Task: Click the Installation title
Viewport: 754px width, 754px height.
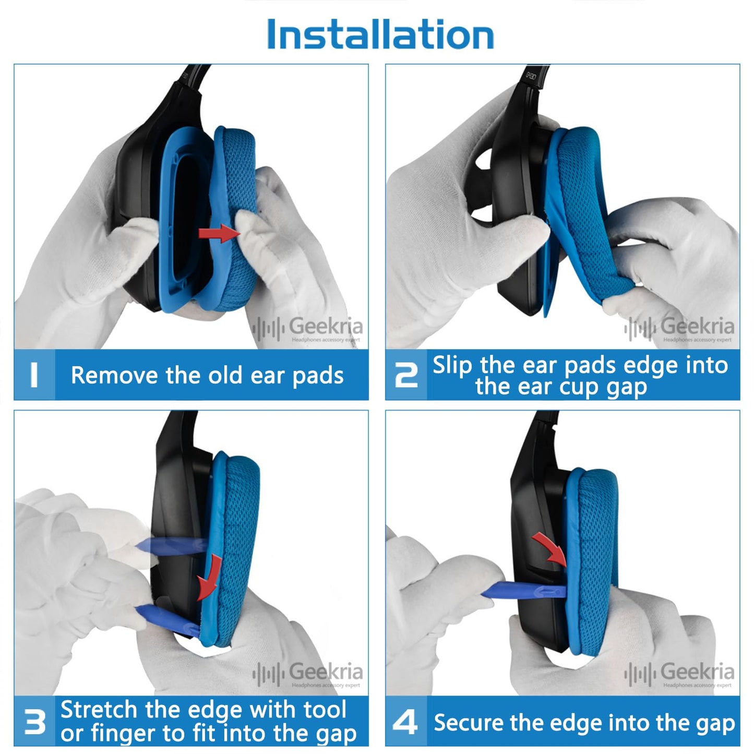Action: [x=380, y=34]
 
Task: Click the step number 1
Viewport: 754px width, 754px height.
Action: [x=34, y=375]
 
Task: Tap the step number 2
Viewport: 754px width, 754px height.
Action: [x=406, y=375]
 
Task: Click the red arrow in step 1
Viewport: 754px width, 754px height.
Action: [x=219, y=234]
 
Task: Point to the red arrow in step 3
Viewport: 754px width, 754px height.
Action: [x=209, y=576]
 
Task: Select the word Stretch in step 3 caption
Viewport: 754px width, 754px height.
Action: [x=99, y=709]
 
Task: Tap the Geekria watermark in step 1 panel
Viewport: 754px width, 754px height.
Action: [x=308, y=329]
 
